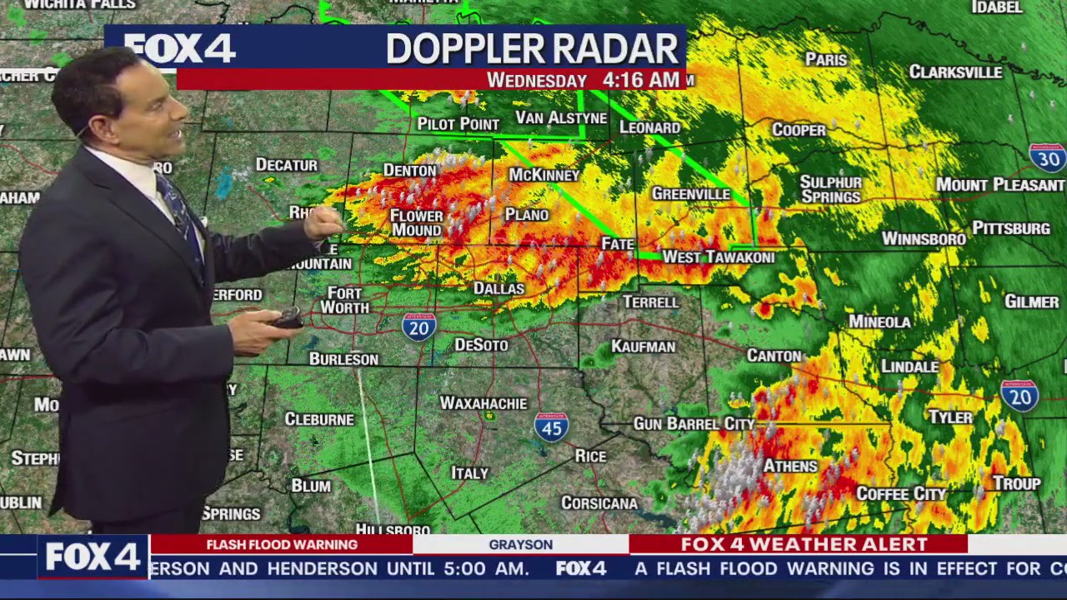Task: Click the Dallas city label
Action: pos(498,289)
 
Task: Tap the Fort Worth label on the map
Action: pos(344,300)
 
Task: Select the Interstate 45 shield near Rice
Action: pos(551,426)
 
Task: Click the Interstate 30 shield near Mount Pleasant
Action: pos(1047,157)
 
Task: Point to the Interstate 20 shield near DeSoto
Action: pos(418,327)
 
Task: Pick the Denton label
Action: pos(409,171)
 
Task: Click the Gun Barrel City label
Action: pos(694,424)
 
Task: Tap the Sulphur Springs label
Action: pos(830,190)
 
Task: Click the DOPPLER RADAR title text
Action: pos(532,49)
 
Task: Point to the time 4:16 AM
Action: pos(640,80)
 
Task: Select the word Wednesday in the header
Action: pos(536,81)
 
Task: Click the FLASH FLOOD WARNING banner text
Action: pos(282,545)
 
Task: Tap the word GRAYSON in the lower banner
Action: pos(520,545)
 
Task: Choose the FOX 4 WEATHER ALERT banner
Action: pos(804,545)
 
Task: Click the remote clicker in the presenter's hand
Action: pos(288,317)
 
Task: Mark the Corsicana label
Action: pos(599,503)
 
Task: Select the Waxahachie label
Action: pos(483,403)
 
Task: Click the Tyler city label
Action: pos(950,417)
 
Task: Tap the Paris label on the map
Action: pos(825,60)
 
